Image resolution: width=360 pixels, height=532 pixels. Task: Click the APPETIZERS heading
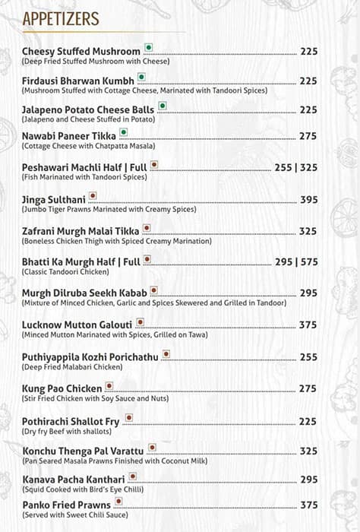point(60,20)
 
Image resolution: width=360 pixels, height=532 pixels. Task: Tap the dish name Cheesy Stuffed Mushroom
point(81,51)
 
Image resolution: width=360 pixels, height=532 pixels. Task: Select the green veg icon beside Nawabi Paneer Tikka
point(123,132)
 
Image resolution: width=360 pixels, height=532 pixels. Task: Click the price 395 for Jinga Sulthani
point(308,200)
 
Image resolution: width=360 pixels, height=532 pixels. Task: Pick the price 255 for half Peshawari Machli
point(283,167)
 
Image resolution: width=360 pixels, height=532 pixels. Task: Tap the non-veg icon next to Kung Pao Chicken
point(109,386)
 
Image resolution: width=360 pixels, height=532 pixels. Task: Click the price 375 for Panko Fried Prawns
point(308,505)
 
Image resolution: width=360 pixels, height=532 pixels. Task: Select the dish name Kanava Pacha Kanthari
point(73,479)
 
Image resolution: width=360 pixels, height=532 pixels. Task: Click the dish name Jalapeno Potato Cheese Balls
point(88,109)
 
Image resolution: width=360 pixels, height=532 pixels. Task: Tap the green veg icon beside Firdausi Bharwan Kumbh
point(141,79)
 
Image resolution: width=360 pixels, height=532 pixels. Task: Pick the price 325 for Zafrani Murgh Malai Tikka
point(308,231)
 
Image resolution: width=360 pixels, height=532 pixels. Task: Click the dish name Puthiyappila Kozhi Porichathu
point(90,356)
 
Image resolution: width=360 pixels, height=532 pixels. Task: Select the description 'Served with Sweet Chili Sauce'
point(74,515)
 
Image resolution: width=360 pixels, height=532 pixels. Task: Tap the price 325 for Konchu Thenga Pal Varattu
point(308,451)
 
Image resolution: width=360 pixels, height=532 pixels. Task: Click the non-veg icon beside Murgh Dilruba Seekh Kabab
point(153,290)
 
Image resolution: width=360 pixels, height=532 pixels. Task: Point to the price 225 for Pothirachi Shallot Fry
point(308,422)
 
